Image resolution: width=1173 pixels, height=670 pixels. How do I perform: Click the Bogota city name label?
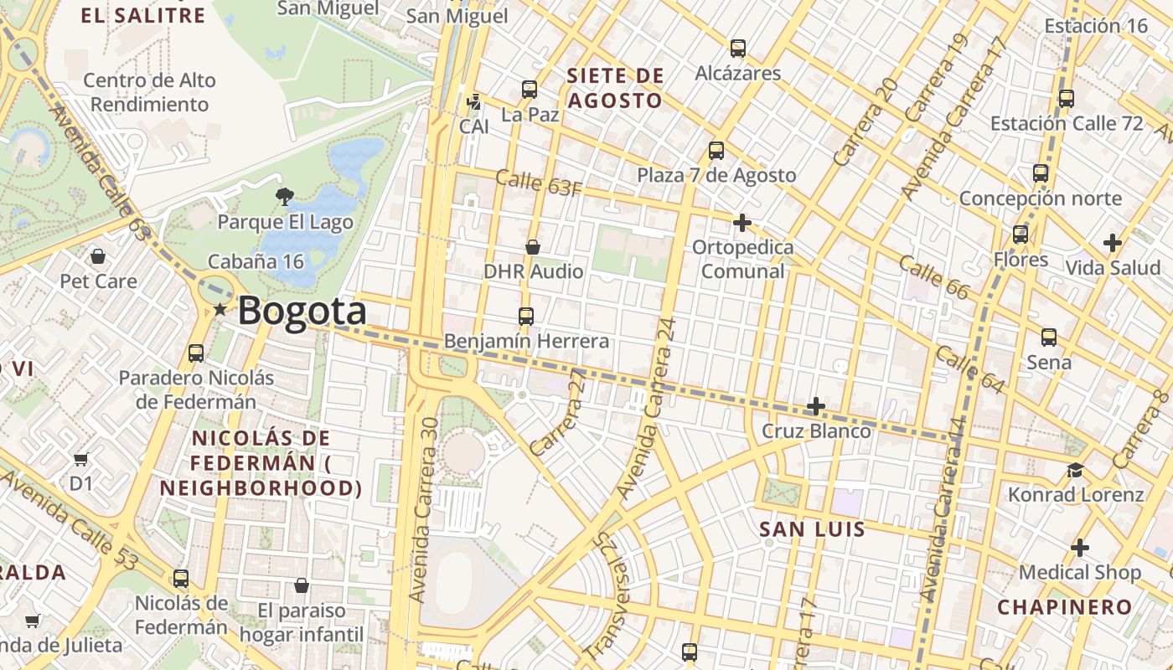(302, 311)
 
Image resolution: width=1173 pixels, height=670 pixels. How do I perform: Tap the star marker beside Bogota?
(220, 310)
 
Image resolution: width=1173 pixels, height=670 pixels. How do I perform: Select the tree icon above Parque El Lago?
(285, 197)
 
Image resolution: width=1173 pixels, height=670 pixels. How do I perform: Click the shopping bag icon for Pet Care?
(98, 255)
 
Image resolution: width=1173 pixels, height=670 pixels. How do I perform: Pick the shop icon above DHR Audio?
(533, 247)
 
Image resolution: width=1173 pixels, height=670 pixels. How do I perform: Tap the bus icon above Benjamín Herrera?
(526, 316)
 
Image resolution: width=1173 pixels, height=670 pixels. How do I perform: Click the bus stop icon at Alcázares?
(737, 48)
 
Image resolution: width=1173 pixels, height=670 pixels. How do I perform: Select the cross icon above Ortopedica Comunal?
(742, 223)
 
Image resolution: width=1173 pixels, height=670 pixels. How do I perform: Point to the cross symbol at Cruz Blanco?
(815, 407)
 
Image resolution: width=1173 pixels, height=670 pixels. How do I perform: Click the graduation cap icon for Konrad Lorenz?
(1075, 471)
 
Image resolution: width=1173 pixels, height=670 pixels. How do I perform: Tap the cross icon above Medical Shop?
(1080, 549)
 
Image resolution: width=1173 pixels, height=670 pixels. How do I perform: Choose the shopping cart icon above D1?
(80, 459)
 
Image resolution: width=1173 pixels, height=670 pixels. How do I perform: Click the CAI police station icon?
(474, 102)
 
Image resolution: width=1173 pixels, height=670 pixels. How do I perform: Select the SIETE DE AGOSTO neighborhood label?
(615, 88)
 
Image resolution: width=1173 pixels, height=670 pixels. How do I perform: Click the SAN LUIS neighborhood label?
(812, 529)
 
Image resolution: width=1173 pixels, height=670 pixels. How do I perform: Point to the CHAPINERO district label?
(1064, 607)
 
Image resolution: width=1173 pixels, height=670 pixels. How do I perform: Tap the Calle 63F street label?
(538, 183)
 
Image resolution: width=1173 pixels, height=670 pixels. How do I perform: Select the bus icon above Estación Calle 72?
(1066, 98)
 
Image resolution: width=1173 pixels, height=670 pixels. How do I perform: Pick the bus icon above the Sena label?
(1048, 338)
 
